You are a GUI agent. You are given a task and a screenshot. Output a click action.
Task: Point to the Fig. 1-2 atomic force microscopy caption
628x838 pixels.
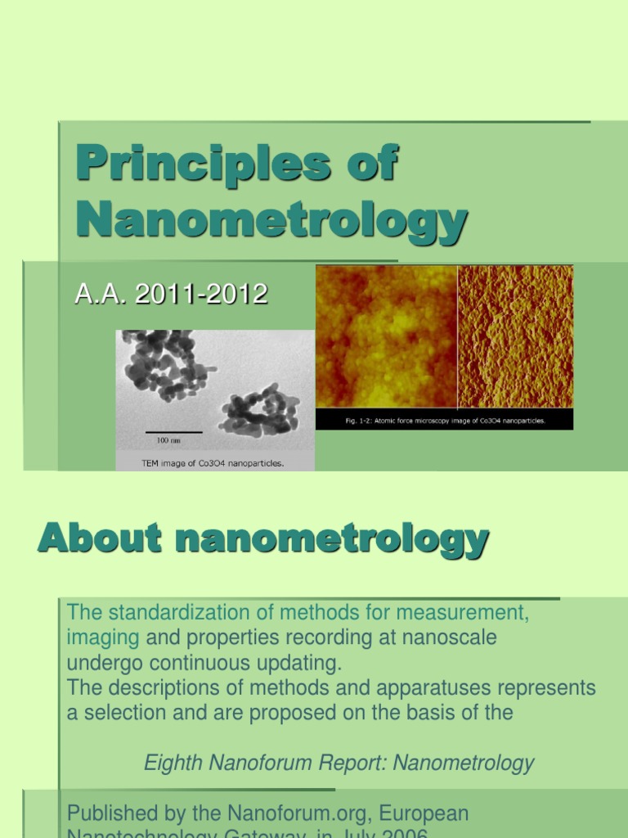point(444,421)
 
